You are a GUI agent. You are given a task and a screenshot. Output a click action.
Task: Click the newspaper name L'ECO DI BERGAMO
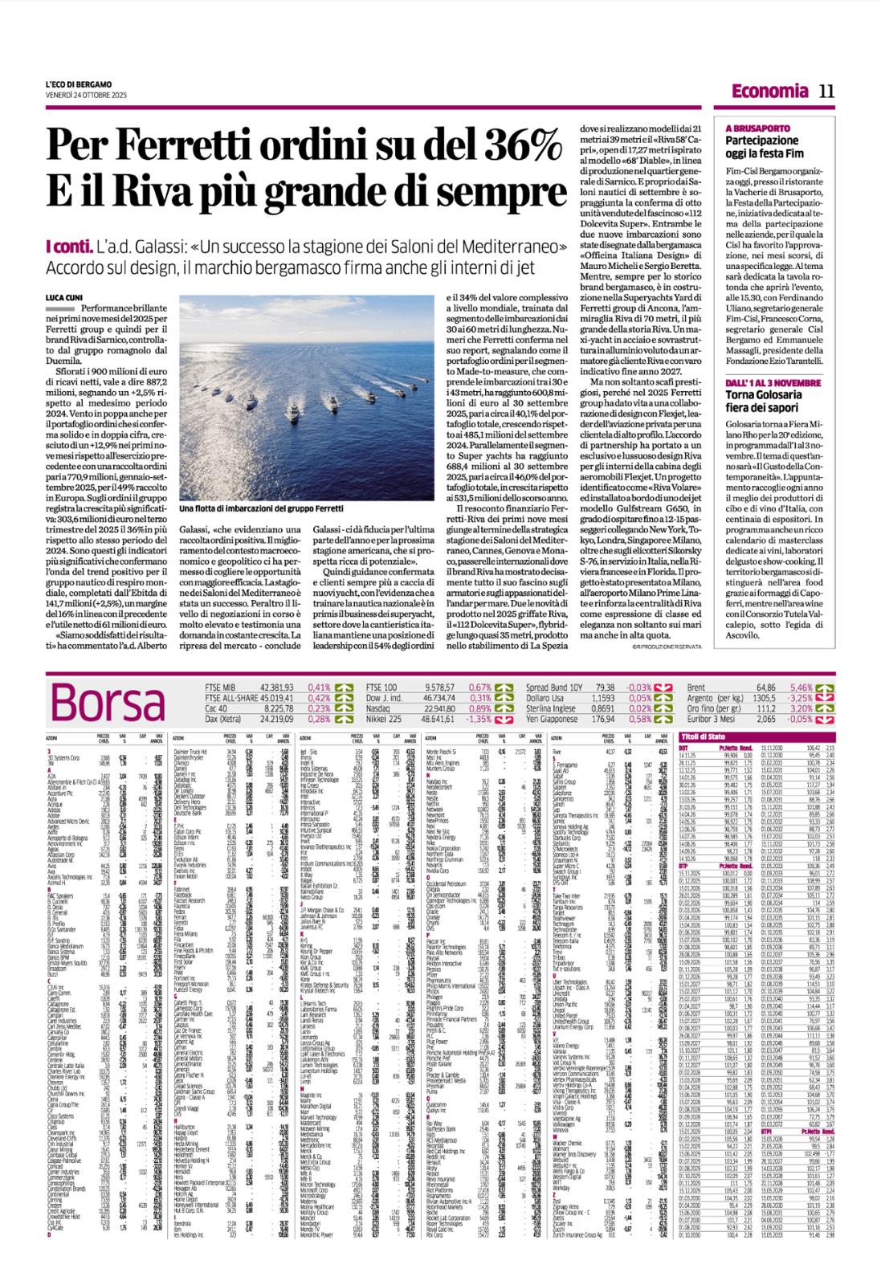coord(79,86)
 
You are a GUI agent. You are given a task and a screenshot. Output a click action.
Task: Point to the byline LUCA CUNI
coord(64,298)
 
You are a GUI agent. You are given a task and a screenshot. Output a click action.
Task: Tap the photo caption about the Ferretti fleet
coord(261,509)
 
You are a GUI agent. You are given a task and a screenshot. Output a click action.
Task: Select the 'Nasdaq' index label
coord(379,708)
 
